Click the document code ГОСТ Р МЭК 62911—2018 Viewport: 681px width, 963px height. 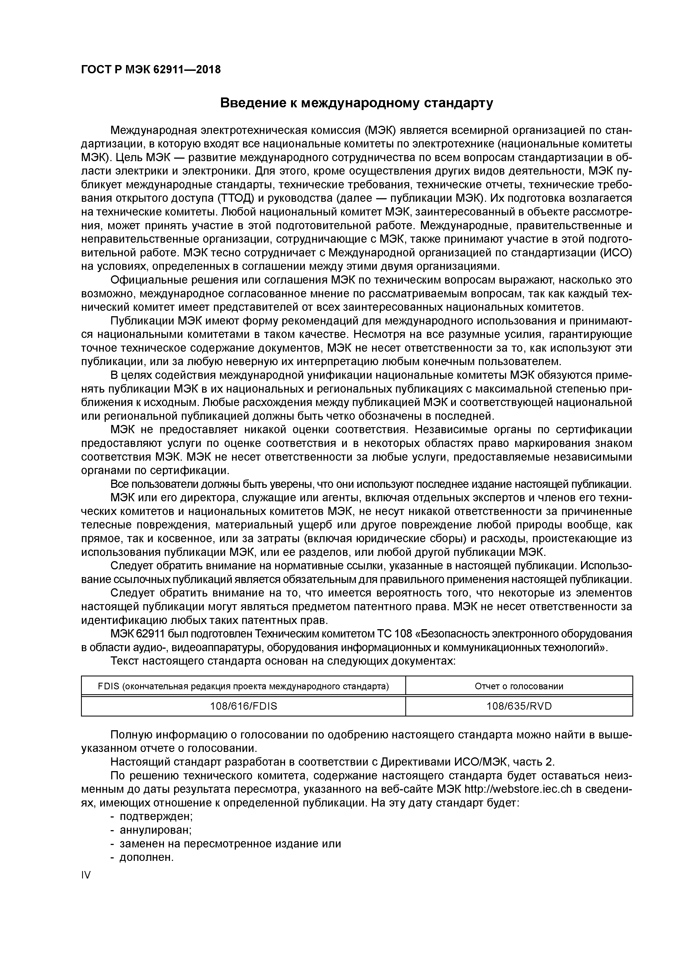coord(151,70)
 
